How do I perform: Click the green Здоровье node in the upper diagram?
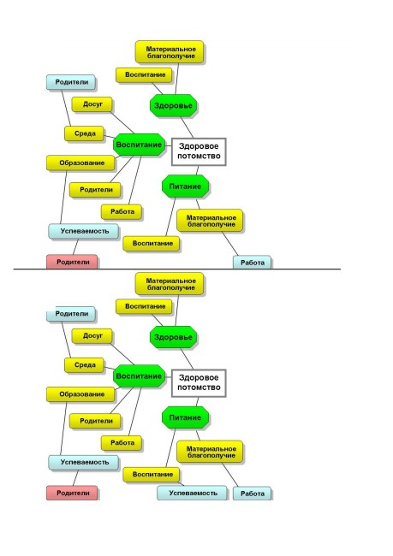pos(173,105)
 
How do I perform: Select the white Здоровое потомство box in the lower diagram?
pos(199,383)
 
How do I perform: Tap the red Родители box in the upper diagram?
pos(72,262)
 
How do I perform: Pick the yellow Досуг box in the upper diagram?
pos(92,104)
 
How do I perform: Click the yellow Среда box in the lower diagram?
pos(85,365)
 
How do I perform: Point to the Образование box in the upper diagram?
pos(81,163)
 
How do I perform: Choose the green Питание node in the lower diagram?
pos(185,417)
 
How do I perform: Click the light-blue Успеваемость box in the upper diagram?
pos(84,231)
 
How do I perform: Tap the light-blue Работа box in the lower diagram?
pos(252,494)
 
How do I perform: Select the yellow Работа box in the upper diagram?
pos(122,211)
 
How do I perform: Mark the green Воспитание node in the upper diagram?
pos(139,145)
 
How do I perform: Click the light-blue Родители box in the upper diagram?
pos(71,82)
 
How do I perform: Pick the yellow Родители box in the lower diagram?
pos(95,421)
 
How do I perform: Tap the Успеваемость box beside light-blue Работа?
pos(192,493)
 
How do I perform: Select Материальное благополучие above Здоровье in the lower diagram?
pos(170,284)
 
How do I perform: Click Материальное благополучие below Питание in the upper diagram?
pos(210,221)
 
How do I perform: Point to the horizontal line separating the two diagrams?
pos(176,269)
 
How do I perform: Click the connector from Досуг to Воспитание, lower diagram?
pos(122,354)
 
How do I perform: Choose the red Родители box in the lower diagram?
pos(72,493)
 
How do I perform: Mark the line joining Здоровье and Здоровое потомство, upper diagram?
pos(188,127)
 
